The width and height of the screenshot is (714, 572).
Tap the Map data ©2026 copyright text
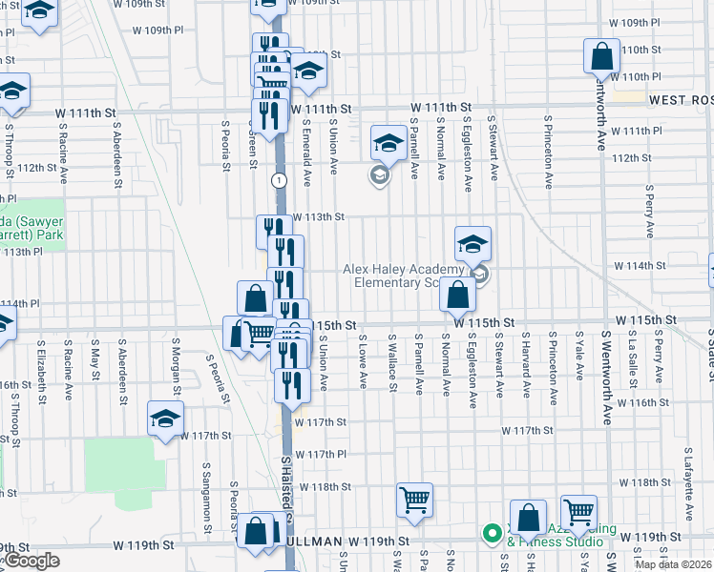click(674, 564)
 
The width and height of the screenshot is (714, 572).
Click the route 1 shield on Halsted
click(278, 179)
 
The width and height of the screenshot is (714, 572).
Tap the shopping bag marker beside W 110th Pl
click(602, 57)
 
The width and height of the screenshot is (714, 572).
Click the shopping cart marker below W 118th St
click(414, 500)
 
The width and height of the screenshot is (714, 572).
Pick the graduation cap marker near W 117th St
click(165, 420)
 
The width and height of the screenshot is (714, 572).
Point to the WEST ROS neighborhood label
click(681, 100)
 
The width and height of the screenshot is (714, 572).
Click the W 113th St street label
click(318, 216)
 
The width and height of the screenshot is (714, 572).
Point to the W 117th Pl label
click(319, 454)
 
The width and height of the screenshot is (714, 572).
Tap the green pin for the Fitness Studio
click(493, 533)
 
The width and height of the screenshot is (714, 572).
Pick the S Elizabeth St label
click(40, 373)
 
